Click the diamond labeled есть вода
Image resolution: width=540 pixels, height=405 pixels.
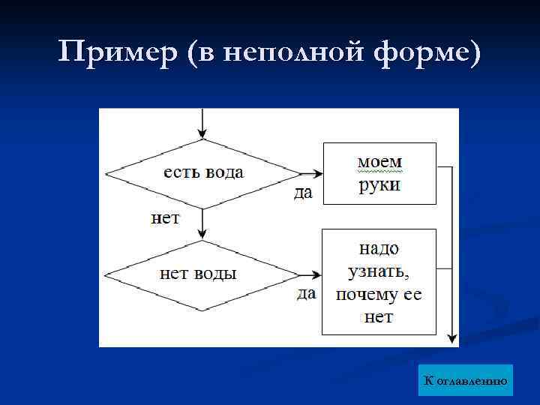[203, 173]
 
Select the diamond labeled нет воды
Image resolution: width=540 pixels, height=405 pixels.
[201, 274]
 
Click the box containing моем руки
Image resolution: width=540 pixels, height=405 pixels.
[379, 173]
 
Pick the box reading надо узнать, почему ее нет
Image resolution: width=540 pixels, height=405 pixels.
[379, 281]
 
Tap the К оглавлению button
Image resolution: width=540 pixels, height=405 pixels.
[466, 380]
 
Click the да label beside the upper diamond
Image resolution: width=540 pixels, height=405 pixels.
[303, 193]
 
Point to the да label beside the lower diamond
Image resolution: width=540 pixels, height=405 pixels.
[306, 293]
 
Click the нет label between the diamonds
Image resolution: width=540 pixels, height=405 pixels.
[166, 218]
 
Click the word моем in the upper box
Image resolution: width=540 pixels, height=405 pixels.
[379, 162]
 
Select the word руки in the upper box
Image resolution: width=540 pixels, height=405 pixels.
[379, 184]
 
